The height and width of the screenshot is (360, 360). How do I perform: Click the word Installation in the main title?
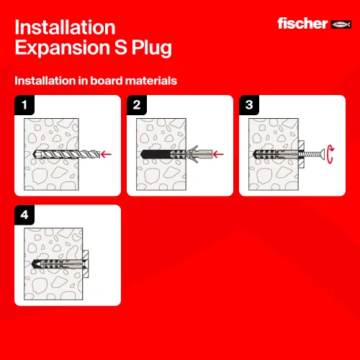pyautogui.click(x=65, y=27)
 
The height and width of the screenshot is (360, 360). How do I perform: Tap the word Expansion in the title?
pyautogui.click(x=63, y=48)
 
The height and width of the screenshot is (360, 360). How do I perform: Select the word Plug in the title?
pyautogui.click(x=151, y=48)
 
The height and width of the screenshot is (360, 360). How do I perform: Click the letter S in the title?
pyautogui.click(x=120, y=47)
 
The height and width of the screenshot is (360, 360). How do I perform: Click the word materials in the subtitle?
pyautogui.click(x=151, y=81)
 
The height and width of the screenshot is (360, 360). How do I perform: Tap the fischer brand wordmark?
pyautogui.click(x=302, y=24)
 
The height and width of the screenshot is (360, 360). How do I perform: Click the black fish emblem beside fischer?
pyautogui.click(x=341, y=24)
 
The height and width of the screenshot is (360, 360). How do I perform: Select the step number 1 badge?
pyautogui.click(x=24, y=105)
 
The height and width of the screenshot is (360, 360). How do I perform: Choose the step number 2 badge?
pyautogui.click(x=137, y=105)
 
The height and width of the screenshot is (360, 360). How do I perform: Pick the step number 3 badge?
pyautogui.click(x=249, y=105)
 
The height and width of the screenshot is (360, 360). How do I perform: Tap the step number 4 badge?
pyautogui.click(x=24, y=215)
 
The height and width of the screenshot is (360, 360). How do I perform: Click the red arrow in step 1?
pyautogui.click(x=106, y=154)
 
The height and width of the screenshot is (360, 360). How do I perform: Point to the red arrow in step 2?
pyautogui.click(x=218, y=154)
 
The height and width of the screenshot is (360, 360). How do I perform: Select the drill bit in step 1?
pyautogui.click(x=66, y=154)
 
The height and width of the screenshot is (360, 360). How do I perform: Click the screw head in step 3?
pyautogui.click(x=323, y=154)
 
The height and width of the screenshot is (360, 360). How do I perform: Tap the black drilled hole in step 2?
pyautogui.click(x=156, y=154)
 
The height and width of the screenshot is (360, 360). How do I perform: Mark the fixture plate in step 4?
pyautogui.click(x=86, y=264)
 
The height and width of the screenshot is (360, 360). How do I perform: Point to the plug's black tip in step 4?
pyautogui.click(x=35, y=264)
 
